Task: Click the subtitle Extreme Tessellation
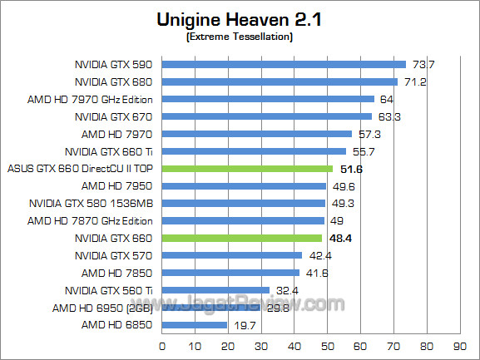click(240, 37)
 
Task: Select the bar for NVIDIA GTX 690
click(283, 64)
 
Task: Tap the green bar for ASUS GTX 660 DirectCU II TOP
click(246, 169)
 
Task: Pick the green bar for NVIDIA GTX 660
click(241, 238)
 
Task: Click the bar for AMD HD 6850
click(194, 325)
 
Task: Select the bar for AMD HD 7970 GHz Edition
click(267, 99)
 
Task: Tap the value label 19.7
click(243, 325)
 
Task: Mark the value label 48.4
click(341, 238)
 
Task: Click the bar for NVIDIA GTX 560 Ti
click(215, 290)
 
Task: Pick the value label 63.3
click(388, 116)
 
